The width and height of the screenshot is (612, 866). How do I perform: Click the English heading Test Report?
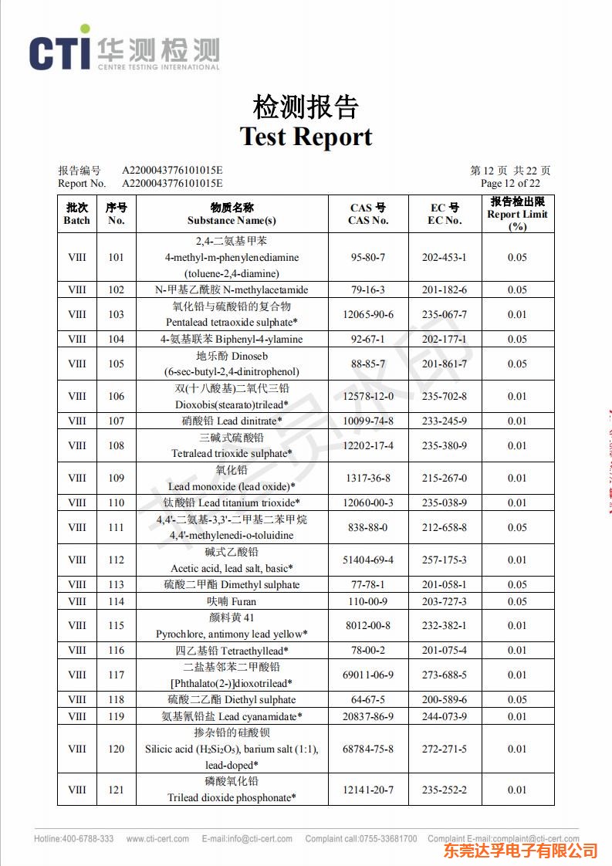click(306, 137)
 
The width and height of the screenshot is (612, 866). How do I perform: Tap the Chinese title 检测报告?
click(306, 107)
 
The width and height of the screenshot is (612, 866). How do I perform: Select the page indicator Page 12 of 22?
click(510, 183)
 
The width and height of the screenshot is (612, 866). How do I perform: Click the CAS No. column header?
click(368, 214)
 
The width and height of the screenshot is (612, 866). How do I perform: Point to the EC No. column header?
click(445, 214)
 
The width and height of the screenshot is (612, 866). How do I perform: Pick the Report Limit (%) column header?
click(517, 214)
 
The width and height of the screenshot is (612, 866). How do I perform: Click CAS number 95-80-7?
click(368, 257)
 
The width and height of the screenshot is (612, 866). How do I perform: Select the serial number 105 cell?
click(116, 364)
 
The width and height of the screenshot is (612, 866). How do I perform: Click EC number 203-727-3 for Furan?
click(445, 601)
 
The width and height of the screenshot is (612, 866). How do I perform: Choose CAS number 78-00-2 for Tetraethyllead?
click(368, 651)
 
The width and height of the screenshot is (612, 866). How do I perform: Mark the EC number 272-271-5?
click(445, 749)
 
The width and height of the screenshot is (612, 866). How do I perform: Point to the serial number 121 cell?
click(116, 790)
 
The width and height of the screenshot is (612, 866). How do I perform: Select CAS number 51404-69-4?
click(368, 560)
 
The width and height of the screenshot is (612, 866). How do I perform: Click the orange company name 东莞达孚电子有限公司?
click(521, 851)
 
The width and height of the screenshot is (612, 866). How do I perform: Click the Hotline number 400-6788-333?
click(87, 838)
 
